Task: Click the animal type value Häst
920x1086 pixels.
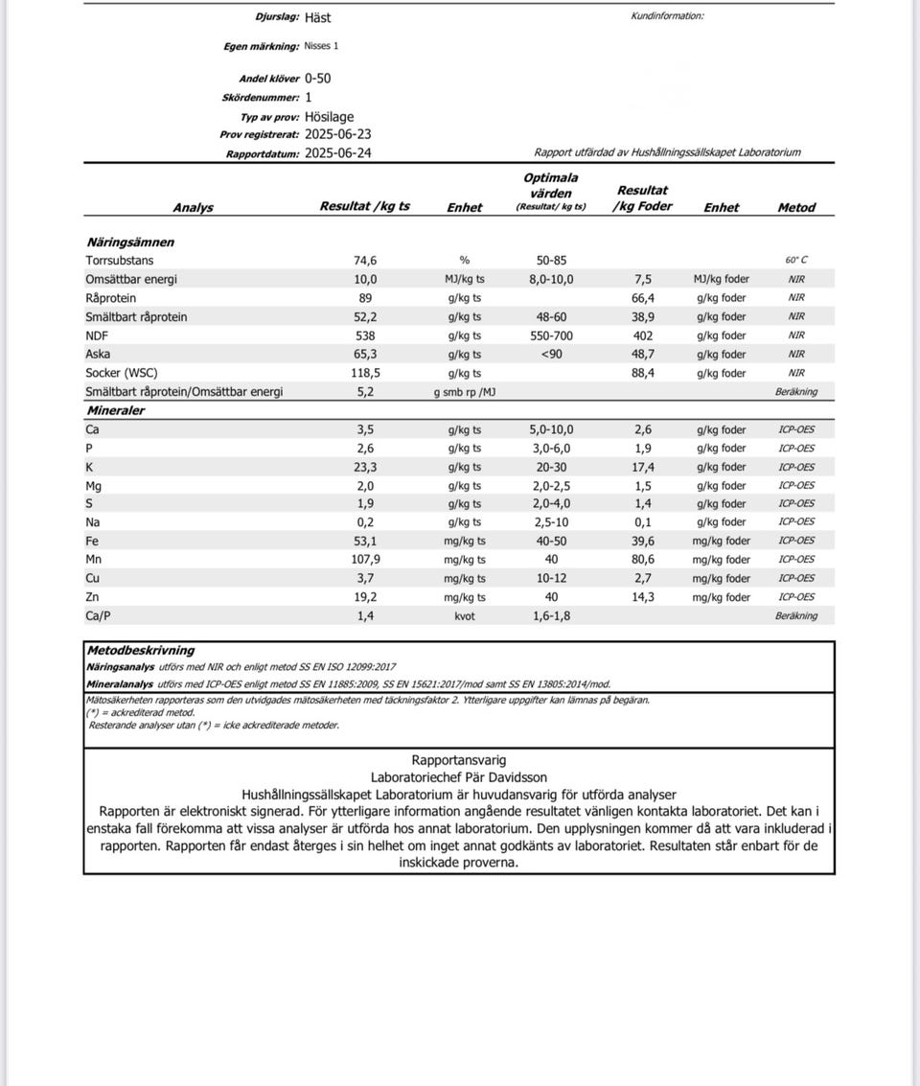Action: (317, 17)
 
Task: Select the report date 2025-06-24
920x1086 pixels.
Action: (337, 153)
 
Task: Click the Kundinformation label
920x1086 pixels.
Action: (667, 15)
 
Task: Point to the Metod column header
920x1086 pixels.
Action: (796, 207)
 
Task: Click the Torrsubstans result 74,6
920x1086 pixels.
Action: (365, 261)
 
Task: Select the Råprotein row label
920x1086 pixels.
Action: (110, 298)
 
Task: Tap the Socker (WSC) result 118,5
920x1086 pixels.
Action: (365, 373)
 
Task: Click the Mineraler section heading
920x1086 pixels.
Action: (115, 410)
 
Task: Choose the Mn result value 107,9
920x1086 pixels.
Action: (365, 560)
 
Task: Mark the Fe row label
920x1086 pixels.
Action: (93, 542)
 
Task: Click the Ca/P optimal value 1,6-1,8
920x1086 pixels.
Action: (551, 616)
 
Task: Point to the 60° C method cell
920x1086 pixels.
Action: (796, 261)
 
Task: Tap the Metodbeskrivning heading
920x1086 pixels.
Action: (141, 650)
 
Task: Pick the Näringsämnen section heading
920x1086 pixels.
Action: (130, 243)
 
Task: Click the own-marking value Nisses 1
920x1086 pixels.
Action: (321, 46)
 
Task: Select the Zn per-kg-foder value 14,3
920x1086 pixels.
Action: (643, 597)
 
